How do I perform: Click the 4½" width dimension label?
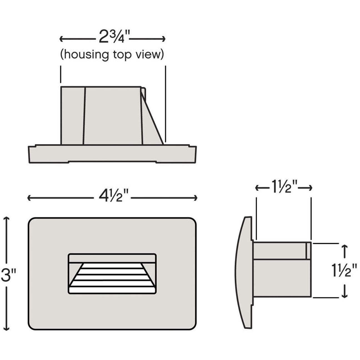[x=114, y=195]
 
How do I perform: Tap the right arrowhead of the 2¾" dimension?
[x=163, y=39]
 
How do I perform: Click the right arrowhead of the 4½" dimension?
[x=195, y=198]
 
